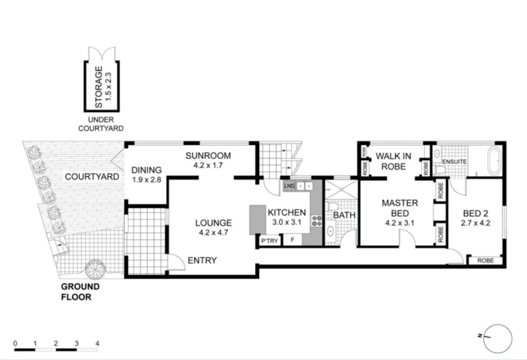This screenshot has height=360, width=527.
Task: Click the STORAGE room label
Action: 99,87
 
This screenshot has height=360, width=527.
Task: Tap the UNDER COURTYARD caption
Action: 101,124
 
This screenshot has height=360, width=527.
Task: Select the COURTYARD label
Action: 92,177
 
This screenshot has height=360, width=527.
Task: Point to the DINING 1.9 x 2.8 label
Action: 146,174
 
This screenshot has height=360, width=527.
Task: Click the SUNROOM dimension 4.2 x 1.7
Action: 208,165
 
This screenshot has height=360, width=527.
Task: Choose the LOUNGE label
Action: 213,223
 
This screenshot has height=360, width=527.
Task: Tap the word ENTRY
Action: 202,260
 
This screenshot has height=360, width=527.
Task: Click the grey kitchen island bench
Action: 257,220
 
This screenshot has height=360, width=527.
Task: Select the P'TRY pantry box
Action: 269,240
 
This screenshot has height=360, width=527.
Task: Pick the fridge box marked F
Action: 292,240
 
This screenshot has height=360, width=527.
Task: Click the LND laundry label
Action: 289,186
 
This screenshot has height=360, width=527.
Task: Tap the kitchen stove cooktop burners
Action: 317,221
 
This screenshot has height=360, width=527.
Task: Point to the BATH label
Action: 344,215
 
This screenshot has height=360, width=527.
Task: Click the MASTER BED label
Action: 400,208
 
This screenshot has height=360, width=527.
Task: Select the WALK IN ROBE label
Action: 393,161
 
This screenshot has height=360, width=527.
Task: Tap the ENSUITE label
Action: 454,162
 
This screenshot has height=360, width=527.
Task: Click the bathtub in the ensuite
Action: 494,161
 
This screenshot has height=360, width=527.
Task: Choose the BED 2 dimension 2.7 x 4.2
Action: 475,223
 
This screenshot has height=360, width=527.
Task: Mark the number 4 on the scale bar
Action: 97,343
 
